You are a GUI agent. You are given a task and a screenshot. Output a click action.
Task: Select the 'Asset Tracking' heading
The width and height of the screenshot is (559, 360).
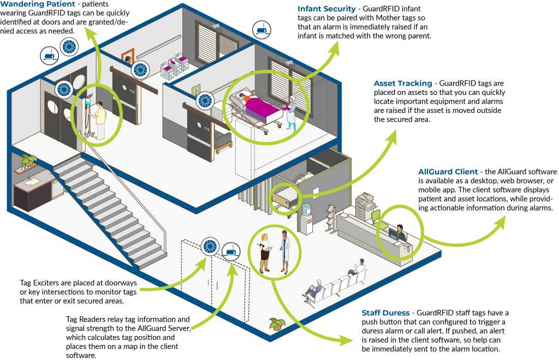[402, 83]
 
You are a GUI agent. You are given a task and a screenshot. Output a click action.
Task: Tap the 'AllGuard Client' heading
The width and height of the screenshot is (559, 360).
[448, 172]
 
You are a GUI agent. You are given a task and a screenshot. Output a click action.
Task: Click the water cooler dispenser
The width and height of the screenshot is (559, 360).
[307, 216]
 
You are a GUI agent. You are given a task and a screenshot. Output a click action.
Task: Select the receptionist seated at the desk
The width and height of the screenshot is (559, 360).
[402, 232]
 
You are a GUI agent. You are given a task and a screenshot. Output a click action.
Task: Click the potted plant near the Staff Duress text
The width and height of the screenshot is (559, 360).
[277, 323]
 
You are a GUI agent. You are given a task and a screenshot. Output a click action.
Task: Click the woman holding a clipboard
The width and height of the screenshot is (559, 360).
[265, 252]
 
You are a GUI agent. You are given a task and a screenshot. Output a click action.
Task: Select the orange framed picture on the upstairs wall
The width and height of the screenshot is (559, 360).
[127, 57]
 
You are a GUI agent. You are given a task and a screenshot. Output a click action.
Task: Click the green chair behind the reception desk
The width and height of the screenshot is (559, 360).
[376, 217]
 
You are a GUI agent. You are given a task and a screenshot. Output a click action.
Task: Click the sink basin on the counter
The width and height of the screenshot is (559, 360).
[28, 181]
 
